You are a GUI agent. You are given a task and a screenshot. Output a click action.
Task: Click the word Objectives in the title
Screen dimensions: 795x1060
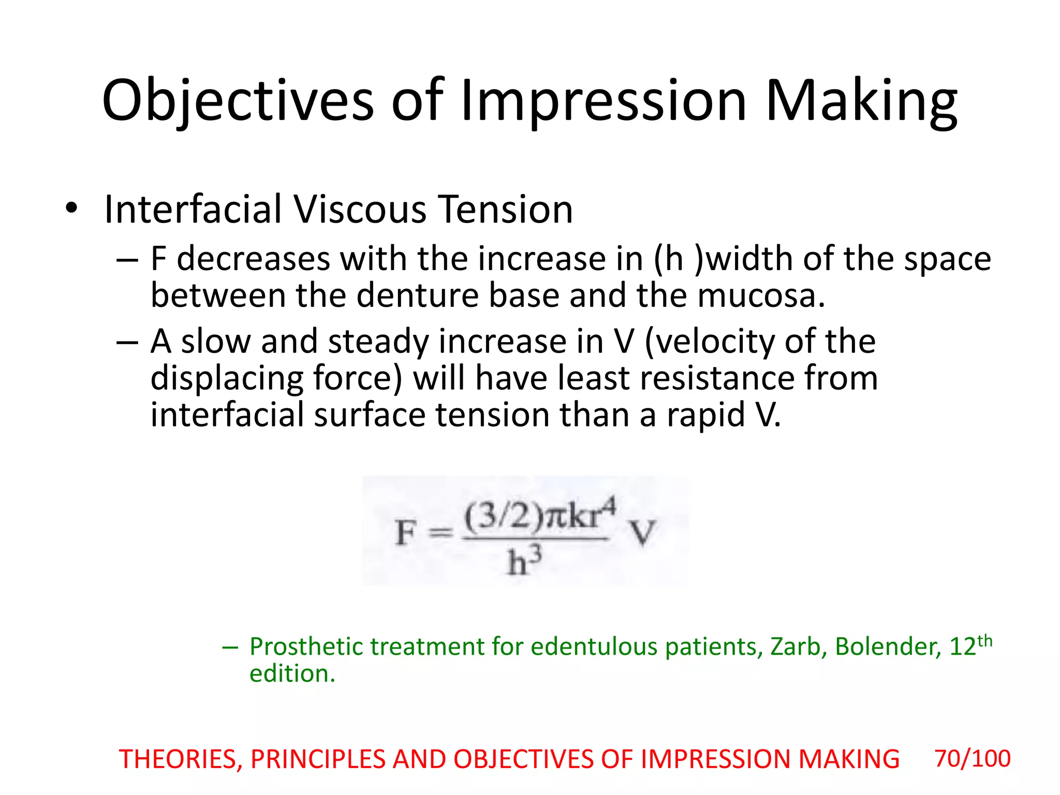238,101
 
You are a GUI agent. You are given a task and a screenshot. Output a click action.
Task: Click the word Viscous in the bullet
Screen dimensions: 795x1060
361,210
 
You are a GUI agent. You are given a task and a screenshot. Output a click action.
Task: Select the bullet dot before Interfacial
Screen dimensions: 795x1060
71,209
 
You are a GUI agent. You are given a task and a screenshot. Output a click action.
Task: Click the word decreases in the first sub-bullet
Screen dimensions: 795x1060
253,259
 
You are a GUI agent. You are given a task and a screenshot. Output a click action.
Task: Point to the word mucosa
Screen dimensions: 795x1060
760,296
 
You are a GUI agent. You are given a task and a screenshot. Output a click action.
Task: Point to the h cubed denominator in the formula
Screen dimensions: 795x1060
523,562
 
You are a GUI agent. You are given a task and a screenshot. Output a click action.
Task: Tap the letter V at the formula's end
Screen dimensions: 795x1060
642,533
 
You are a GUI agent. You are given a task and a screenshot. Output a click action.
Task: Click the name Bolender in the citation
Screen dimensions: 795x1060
888,647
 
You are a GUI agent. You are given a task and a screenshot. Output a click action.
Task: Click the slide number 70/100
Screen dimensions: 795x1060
972,759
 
